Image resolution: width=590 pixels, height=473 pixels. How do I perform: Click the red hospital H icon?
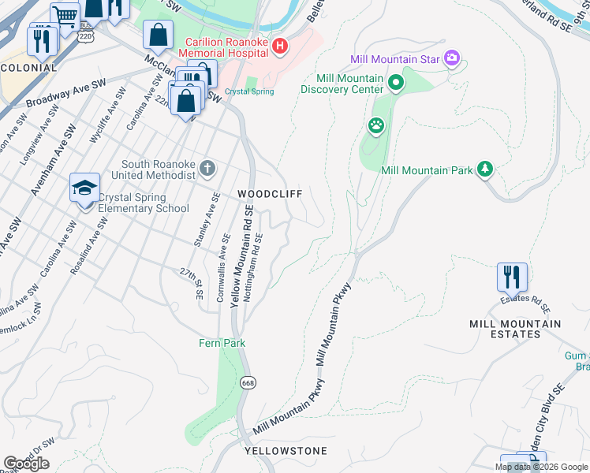[x=279, y=47]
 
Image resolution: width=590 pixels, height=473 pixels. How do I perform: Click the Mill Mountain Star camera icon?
[x=452, y=57]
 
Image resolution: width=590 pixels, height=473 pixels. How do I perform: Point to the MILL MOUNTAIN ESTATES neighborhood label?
[x=514, y=329]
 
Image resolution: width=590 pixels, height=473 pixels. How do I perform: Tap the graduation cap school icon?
[x=84, y=188]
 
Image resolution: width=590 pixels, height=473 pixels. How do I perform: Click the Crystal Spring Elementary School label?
[x=144, y=203]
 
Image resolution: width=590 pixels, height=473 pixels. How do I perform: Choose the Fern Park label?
[x=222, y=343]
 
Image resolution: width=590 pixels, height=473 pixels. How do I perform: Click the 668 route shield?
[x=248, y=382]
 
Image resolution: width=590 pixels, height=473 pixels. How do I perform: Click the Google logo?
[x=26, y=464]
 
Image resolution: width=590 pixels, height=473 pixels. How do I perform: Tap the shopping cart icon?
[x=65, y=14]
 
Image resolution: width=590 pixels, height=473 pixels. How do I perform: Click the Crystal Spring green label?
[x=249, y=91]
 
